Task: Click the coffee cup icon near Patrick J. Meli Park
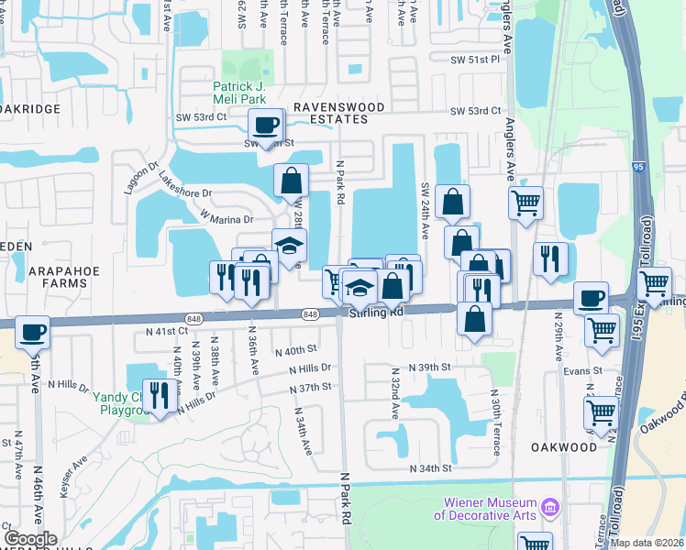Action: pyautogui.click(x=266, y=125)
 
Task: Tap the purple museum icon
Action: pyautogui.click(x=550, y=507)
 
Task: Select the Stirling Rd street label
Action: pyautogui.click(x=376, y=313)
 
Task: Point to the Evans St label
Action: pyautogui.click(x=583, y=371)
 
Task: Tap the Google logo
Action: pyautogui.click(x=31, y=538)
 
